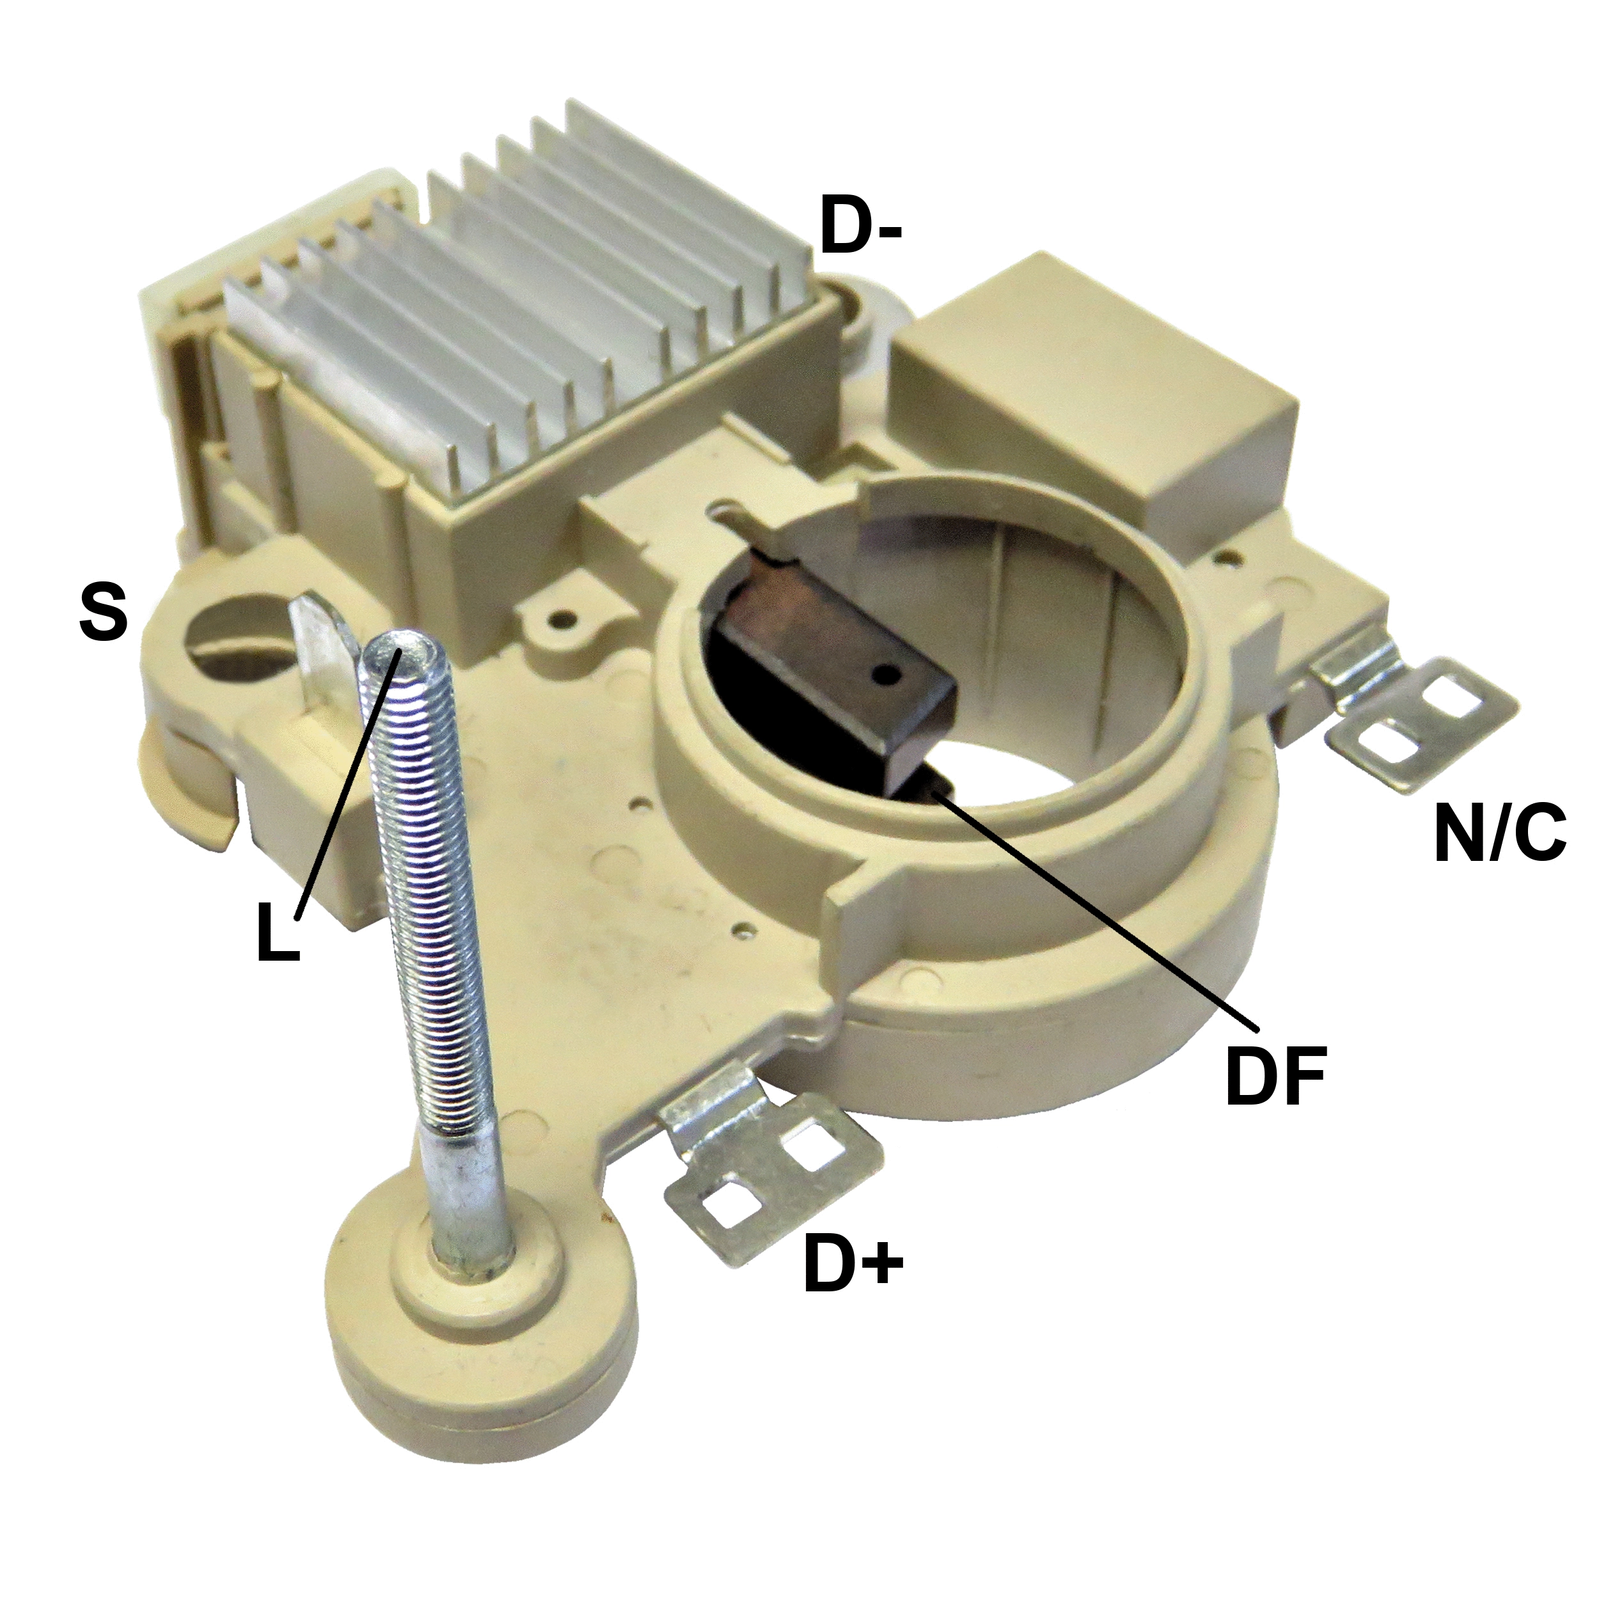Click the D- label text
[861, 225]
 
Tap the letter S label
[104, 613]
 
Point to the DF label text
[1275, 1076]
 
